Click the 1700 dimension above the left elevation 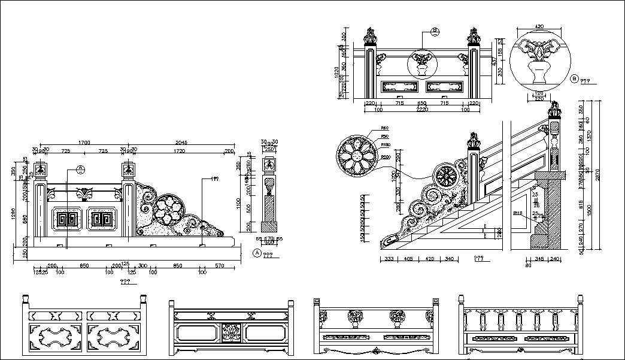pyautogui.click(x=84, y=143)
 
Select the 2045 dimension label pyautogui.click(x=180, y=143)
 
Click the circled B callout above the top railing pyautogui.click(x=435, y=31)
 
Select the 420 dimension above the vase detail pyautogui.click(x=539, y=27)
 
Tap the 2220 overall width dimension pyautogui.click(x=421, y=110)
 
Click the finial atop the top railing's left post pyautogui.click(x=371, y=35)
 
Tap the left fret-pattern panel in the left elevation pyautogui.click(x=66, y=219)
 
